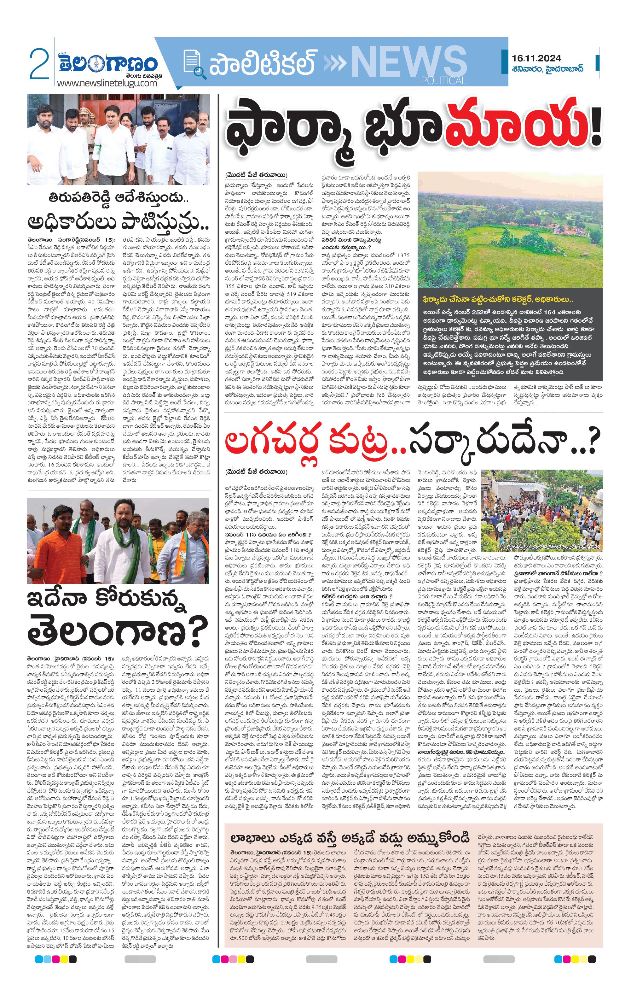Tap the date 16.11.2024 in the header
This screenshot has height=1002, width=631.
536,58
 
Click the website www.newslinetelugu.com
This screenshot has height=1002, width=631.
107,83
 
